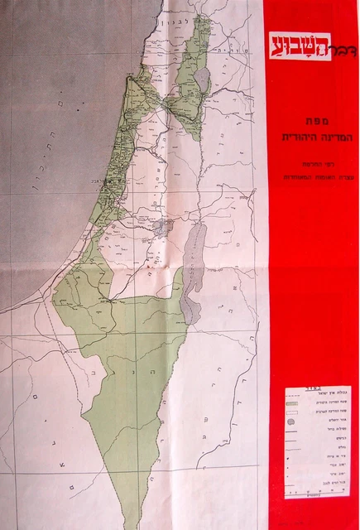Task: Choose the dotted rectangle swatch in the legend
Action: (x=291, y=412)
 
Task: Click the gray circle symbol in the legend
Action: (x=291, y=422)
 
